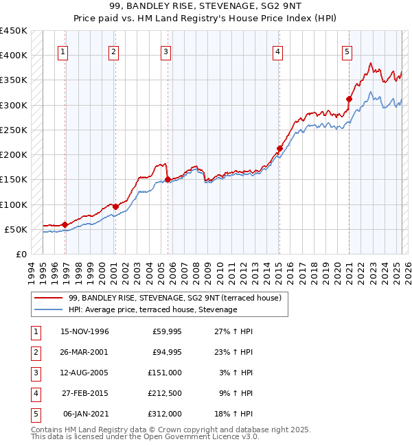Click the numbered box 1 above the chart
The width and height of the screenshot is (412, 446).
(62, 51)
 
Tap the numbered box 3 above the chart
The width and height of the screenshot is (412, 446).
(166, 51)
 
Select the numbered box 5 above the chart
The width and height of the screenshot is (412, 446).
(347, 51)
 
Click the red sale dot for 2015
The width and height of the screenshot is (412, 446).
(279, 148)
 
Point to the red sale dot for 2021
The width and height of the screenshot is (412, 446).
(349, 99)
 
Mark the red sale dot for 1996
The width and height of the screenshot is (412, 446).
(65, 224)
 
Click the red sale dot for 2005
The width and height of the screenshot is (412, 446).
(168, 179)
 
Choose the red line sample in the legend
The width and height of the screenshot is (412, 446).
(49, 298)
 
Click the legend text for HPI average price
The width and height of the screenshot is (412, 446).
(152, 310)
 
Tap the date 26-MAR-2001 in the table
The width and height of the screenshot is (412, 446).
(84, 353)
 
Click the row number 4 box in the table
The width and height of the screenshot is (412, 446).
(35, 393)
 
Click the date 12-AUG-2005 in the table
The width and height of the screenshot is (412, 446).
(84, 373)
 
